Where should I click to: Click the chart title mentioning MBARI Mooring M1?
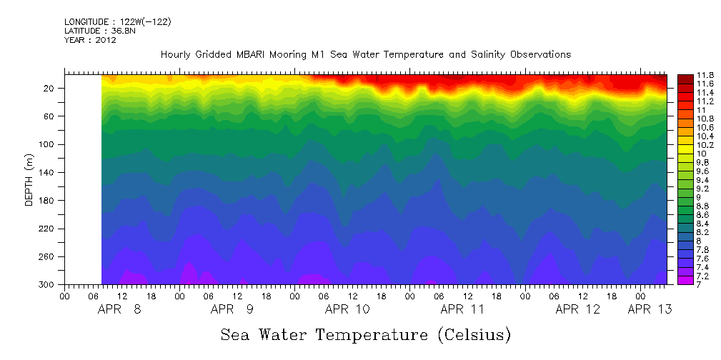coord(365,54)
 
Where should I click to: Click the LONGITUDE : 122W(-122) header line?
coord(117,22)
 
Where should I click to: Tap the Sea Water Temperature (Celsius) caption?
coord(365,334)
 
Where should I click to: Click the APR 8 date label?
coord(119,310)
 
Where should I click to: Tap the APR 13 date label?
coord(649,310)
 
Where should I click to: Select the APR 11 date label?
coord(462,310)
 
